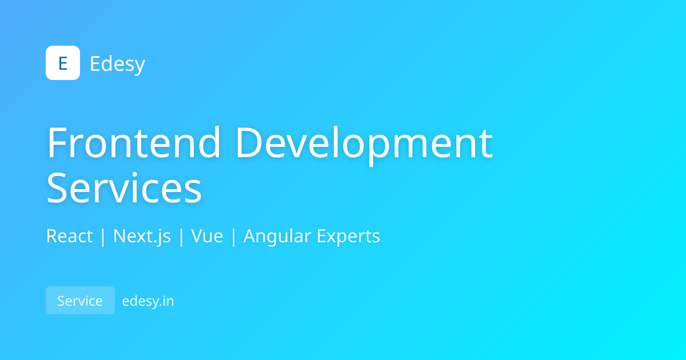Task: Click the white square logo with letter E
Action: point(63,63)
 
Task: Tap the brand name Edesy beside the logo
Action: point(117,63)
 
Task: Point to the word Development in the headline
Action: point(364,143)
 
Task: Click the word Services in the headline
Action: point(124,188)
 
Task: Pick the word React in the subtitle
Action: point(69,236)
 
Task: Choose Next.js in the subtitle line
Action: point(142,236)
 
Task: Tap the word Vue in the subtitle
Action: point(207,236)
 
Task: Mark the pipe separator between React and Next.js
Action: point(103,236)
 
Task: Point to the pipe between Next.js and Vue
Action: point(181,236)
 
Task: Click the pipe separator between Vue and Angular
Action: point(233,236)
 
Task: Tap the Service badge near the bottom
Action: point(80,301)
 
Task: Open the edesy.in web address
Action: point(148,301)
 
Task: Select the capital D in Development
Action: point(250,142)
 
